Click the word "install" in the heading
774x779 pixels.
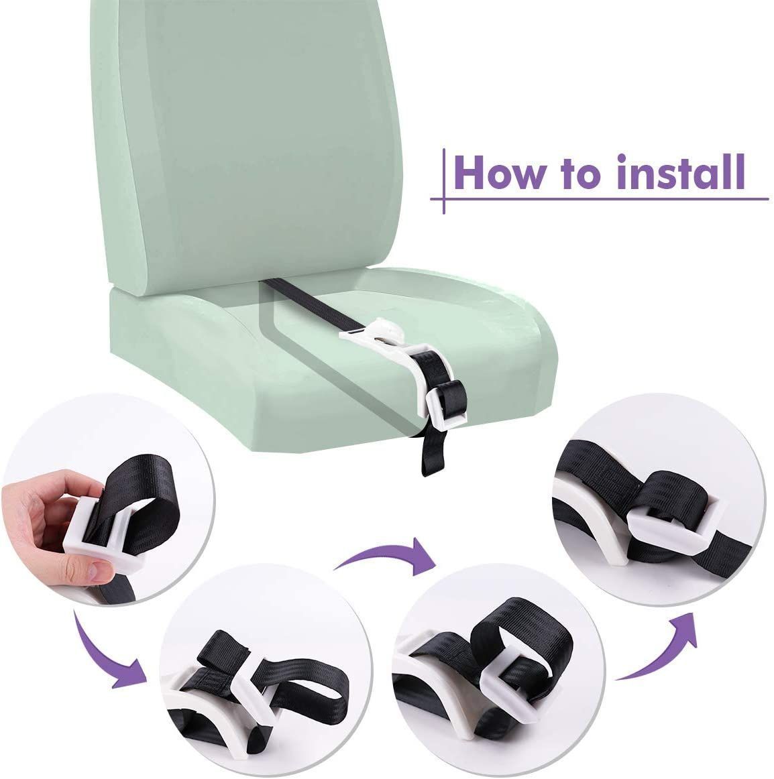681,172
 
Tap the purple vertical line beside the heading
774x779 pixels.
443,181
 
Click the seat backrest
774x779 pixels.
249,144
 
